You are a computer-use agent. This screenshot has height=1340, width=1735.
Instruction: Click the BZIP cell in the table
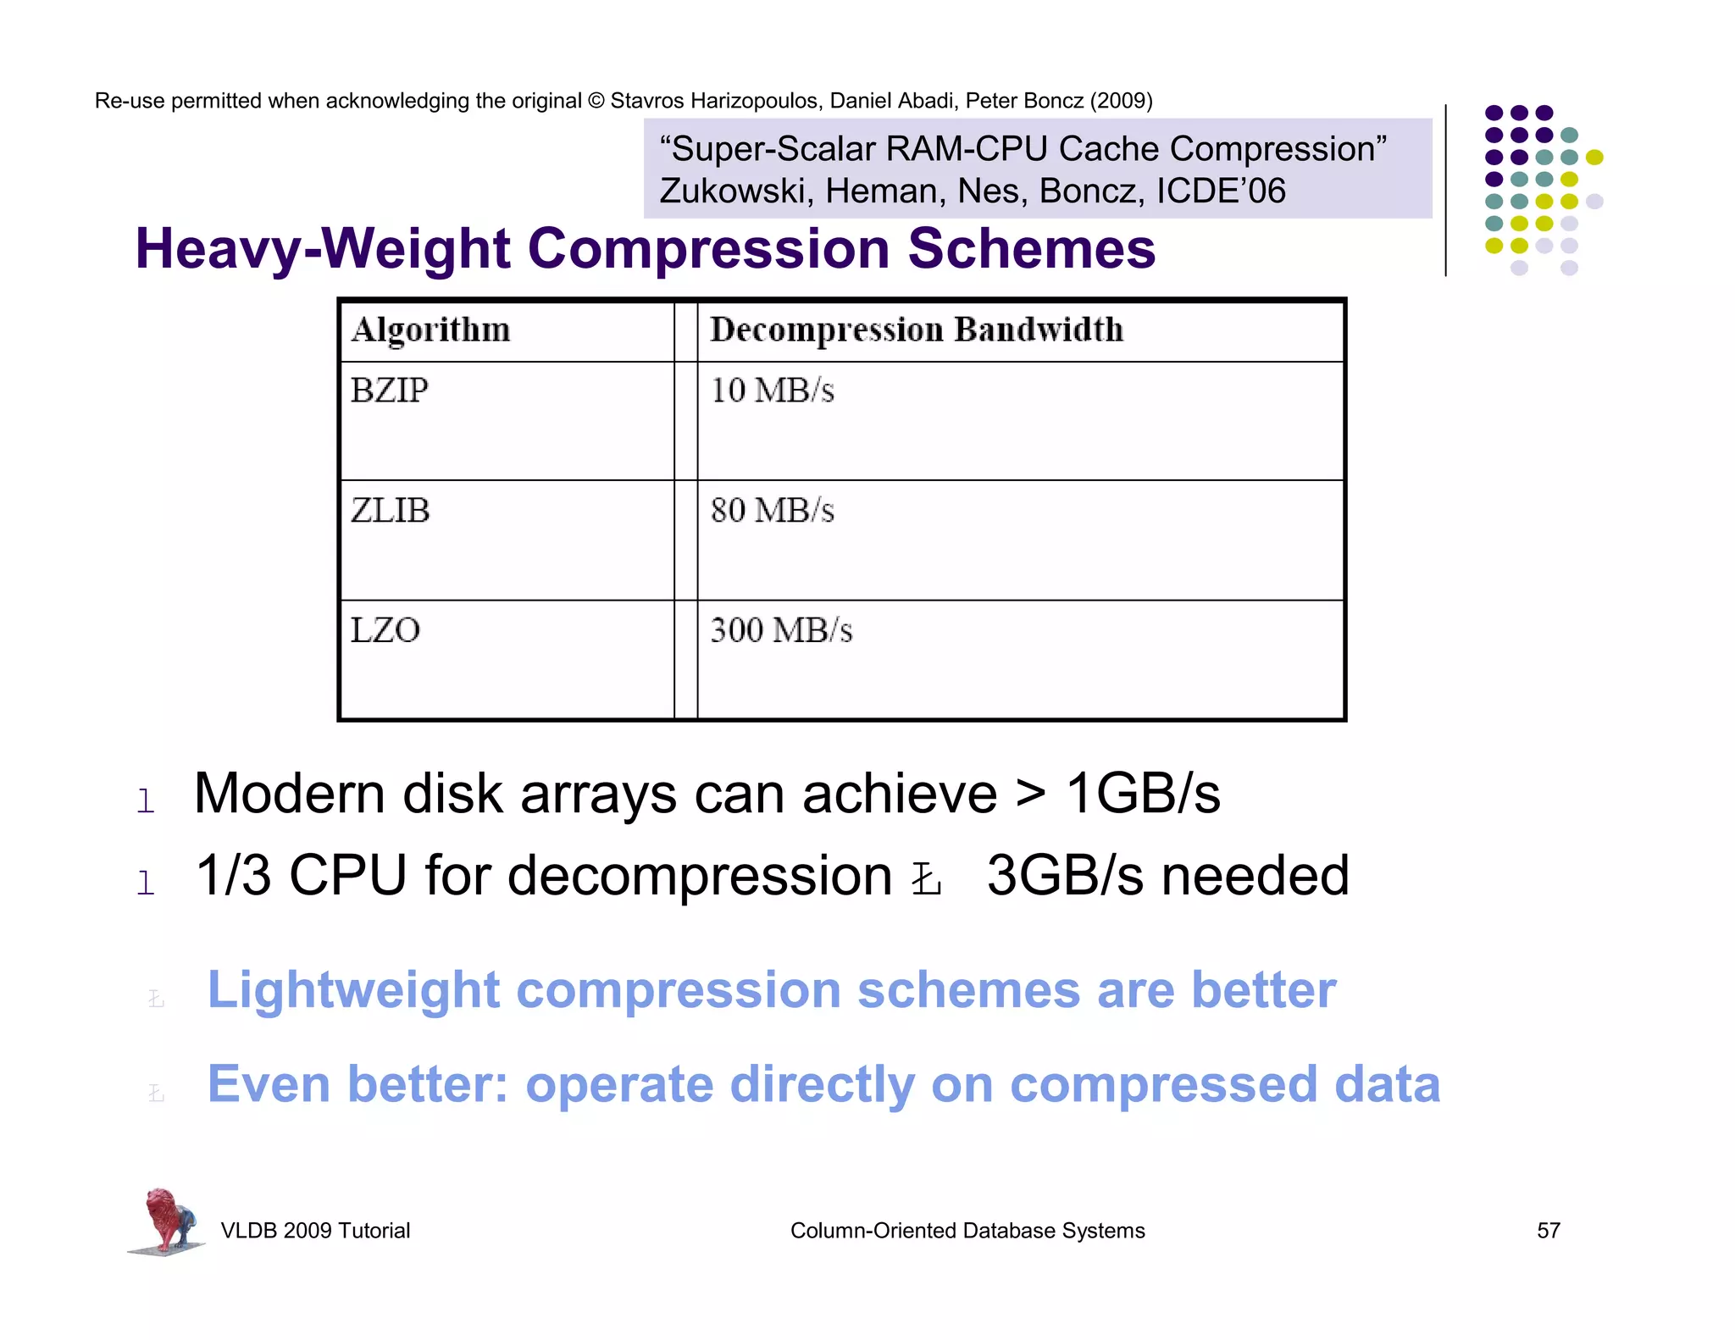390,390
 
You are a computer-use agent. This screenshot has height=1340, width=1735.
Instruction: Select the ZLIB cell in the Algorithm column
391,511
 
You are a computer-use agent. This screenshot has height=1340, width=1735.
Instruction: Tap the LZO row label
385,630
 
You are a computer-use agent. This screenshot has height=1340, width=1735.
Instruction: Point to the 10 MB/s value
772,390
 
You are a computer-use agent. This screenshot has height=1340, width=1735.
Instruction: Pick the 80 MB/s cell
772,511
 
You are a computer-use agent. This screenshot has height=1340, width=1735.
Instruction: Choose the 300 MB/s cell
781,630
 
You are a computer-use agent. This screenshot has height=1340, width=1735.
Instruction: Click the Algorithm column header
431,329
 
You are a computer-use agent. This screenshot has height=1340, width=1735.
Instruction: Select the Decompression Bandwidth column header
917,329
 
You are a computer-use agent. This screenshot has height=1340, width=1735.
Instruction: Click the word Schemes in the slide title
1031,249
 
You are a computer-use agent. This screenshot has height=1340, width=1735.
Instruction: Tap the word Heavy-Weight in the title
323,249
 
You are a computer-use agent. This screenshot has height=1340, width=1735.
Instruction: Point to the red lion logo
168,1220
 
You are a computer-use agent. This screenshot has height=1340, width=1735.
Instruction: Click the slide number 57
1548,1231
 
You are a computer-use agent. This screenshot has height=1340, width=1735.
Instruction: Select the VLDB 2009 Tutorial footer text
315,1231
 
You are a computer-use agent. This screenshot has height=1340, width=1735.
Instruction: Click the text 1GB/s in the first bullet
1142,794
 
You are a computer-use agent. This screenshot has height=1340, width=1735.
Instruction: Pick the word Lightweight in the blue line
353,989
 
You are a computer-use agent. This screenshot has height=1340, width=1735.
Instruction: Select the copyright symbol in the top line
596,101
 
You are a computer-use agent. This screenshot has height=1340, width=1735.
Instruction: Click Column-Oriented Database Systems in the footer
967,1231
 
